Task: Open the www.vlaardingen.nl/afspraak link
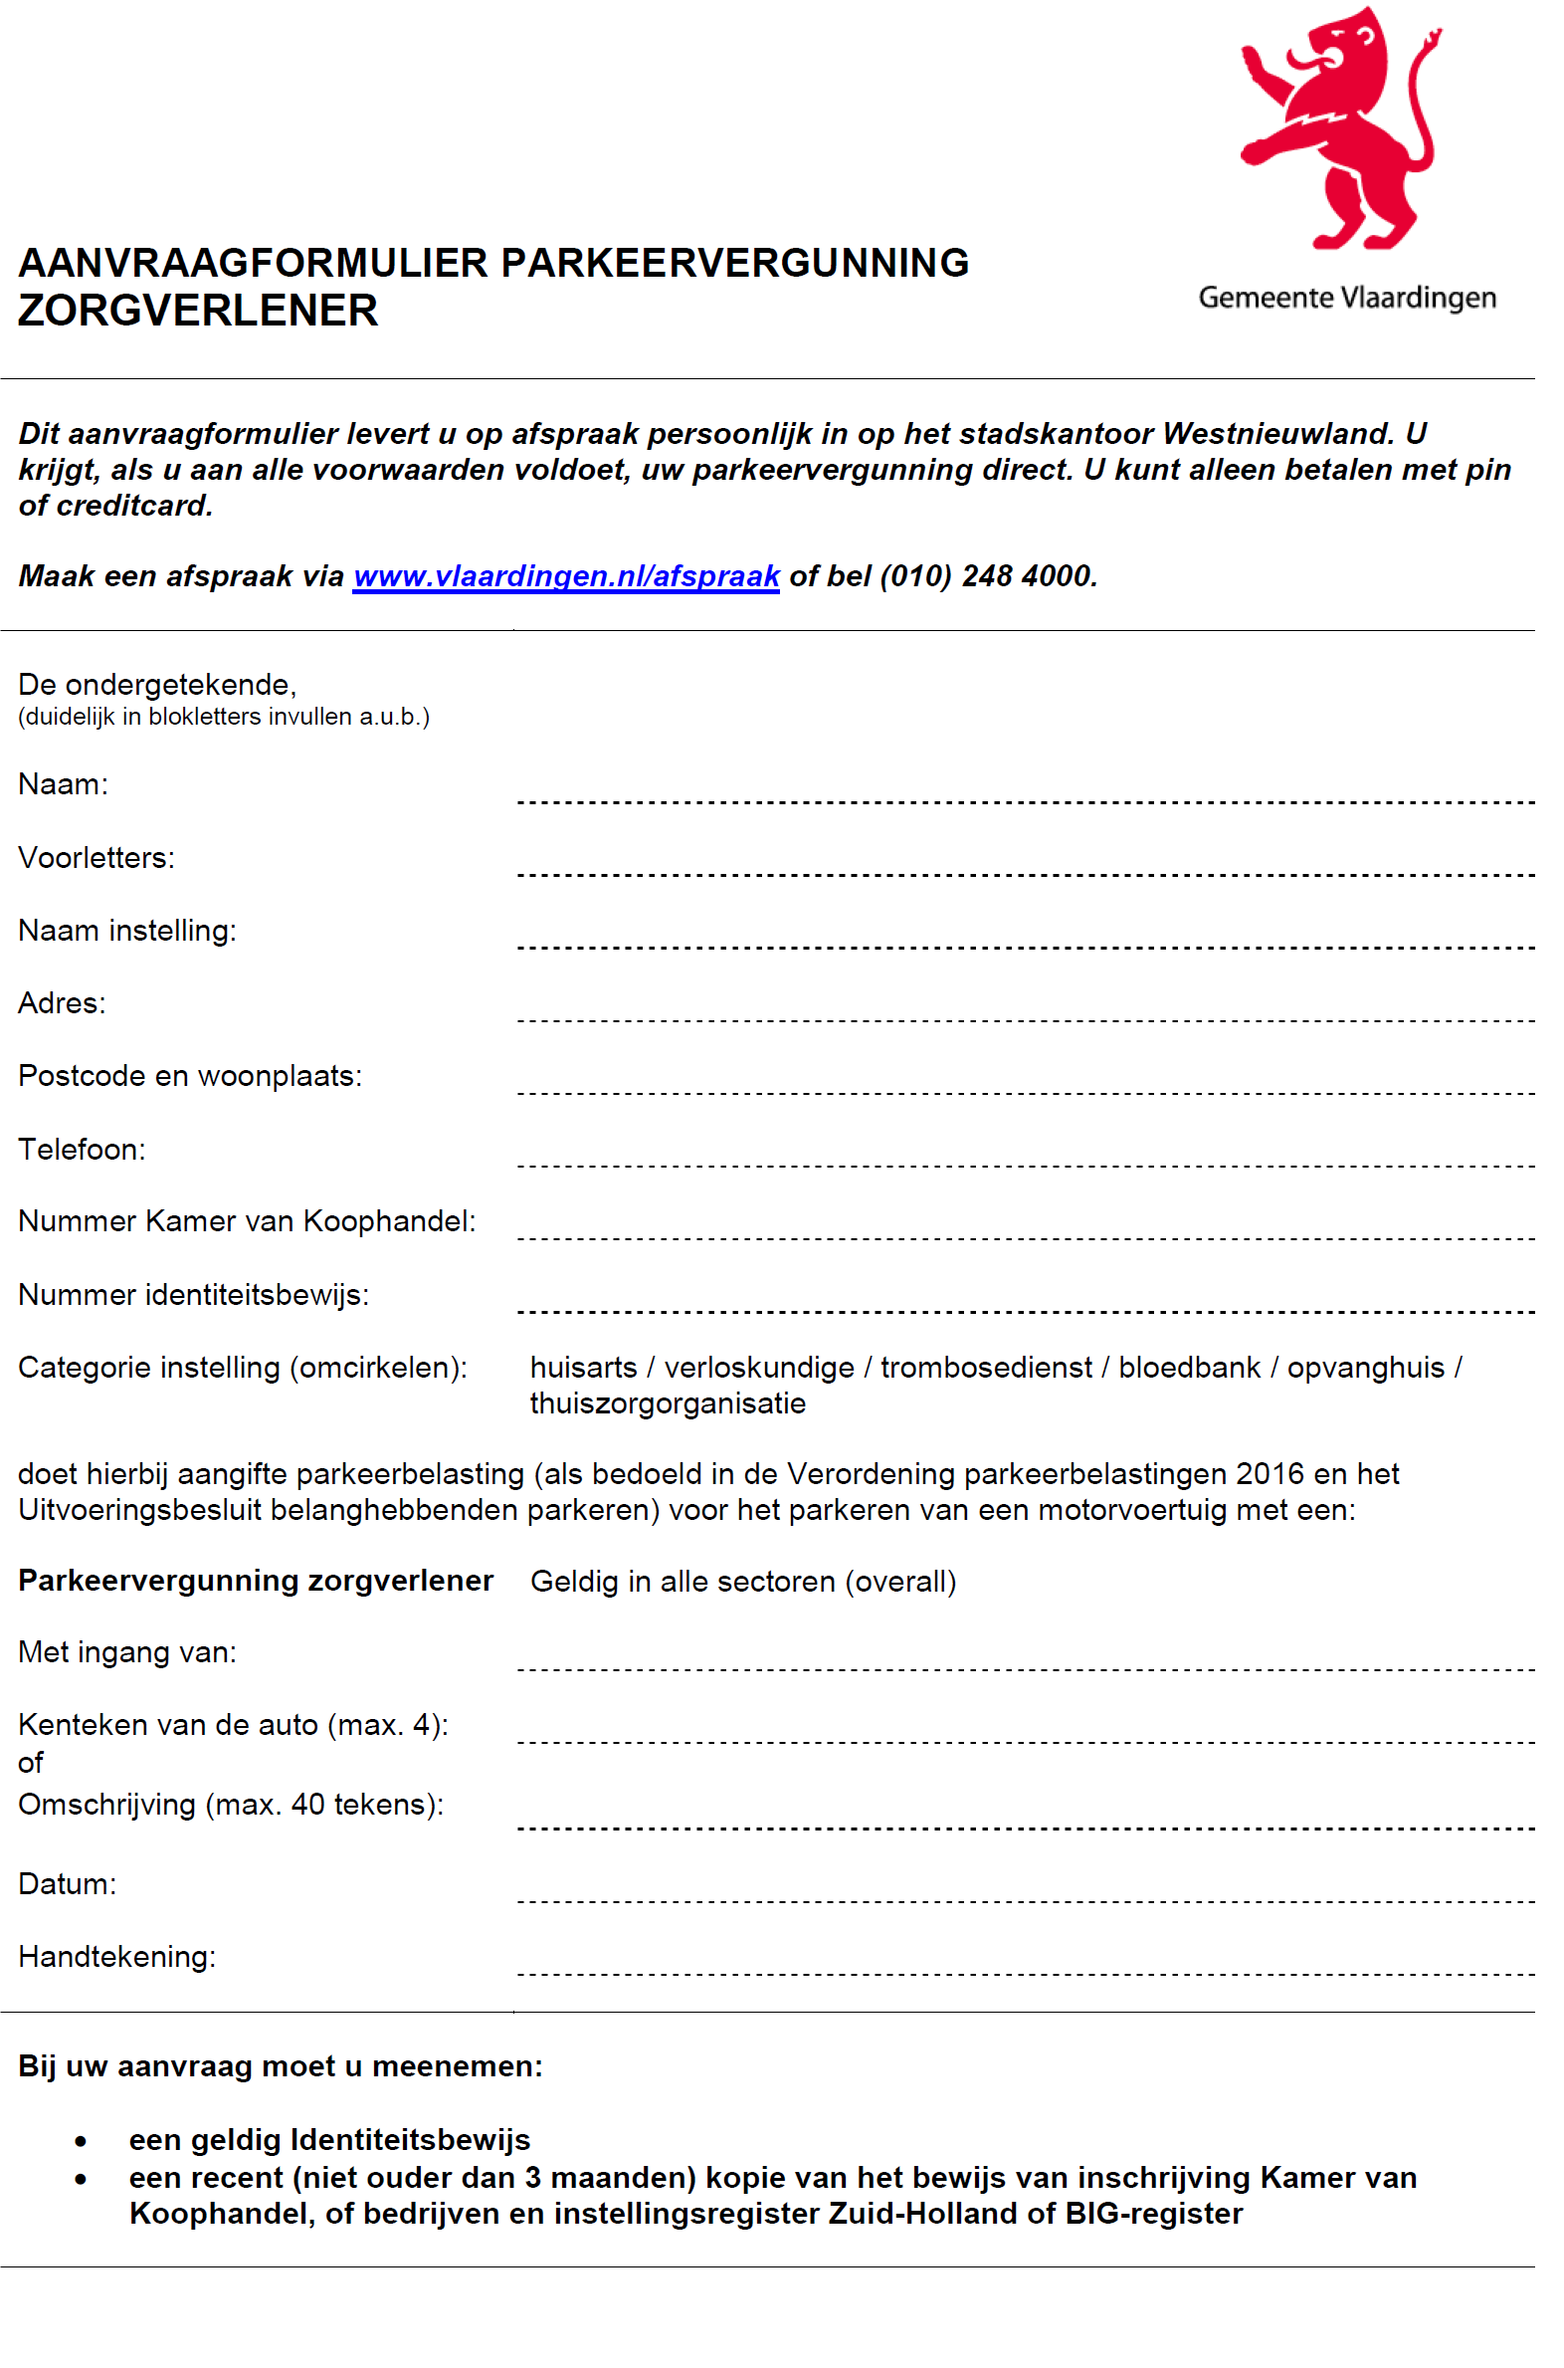point(565,576)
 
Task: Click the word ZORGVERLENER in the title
point(199,311)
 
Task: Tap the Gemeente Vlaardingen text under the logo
point(1346,298)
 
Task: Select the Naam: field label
point(63,784)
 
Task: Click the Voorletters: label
point(96,858)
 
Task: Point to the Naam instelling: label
point(126,931)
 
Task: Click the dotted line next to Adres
point(1025,1020)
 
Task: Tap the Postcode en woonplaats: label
point(189,1076)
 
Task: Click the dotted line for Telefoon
point(1025,1166)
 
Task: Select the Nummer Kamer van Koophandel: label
point(247,1221)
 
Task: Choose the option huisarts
point(583,1368)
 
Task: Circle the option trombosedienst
point(986,1368)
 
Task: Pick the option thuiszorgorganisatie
point(668,1404)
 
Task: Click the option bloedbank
point(1189,1368)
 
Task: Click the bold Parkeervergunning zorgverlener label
point(256,1581)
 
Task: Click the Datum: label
point(67,1884)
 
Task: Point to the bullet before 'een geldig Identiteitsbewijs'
point(81,2141)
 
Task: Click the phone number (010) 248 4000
point(987,576)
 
